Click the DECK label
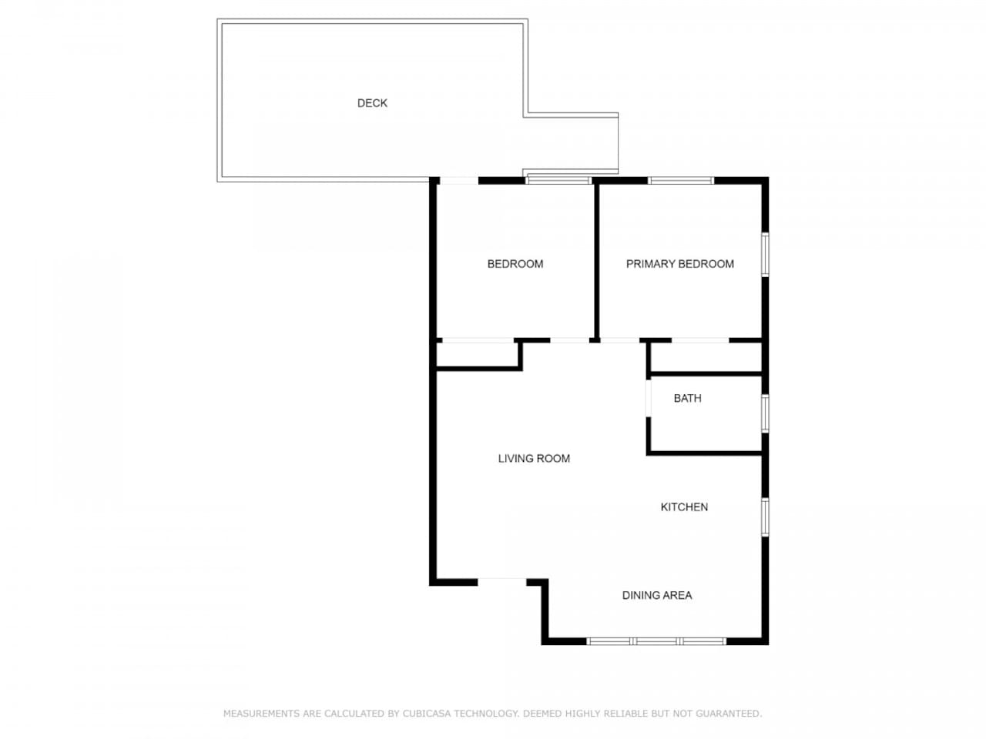[x=372, y=103]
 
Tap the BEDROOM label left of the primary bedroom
[x=515, y=264]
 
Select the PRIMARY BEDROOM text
[x=680, y=264]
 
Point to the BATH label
[x=687, y=398]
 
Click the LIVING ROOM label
[x=534, y=458]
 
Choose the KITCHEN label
[x=684, y=507]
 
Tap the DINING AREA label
[x=657, y=595]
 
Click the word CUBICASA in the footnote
[x=426, y=713]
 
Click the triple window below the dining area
[x=656, y=641]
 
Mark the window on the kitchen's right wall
[x=765, y=517]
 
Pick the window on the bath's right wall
[x=765, y=413]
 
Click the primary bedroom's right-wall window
[x=765, y=254]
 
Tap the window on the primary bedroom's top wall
[x=681, y=181]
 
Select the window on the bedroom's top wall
[x=558, y=180]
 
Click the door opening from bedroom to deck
[x=458, y=181]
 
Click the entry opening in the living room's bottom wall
[x=501, y=582]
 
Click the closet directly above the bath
[x=706, y=357]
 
